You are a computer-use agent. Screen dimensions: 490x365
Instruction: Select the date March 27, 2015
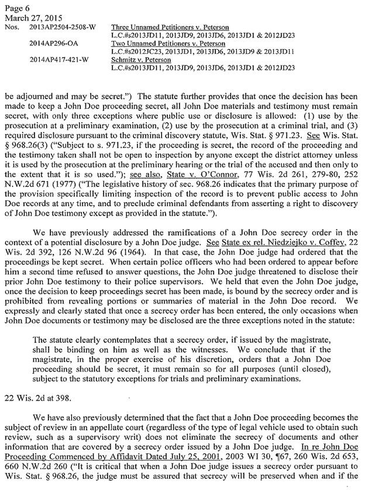27,16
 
